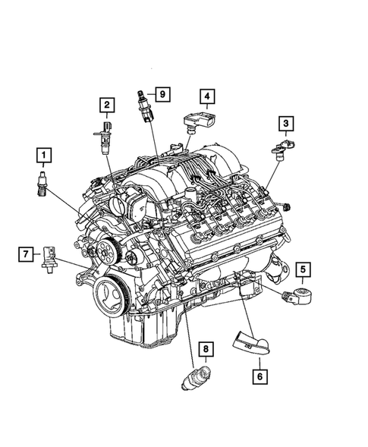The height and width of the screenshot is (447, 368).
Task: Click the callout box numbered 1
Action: pos(44,157)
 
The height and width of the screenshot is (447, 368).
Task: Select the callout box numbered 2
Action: pos(108,104)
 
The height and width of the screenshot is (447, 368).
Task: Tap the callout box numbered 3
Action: pos(286,123)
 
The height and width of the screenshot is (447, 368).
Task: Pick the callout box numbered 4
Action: pos(206,96)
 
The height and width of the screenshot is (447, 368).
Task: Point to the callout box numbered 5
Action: pos(301,268)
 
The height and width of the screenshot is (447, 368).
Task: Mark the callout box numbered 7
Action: pos(25,253)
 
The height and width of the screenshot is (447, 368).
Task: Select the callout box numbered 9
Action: pos(162,94)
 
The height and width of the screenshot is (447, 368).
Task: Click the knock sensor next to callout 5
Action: pos(297,294)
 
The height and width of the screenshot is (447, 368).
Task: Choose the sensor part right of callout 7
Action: pos(50,256)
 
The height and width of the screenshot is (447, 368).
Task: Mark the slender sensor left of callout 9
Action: pos(143,104)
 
